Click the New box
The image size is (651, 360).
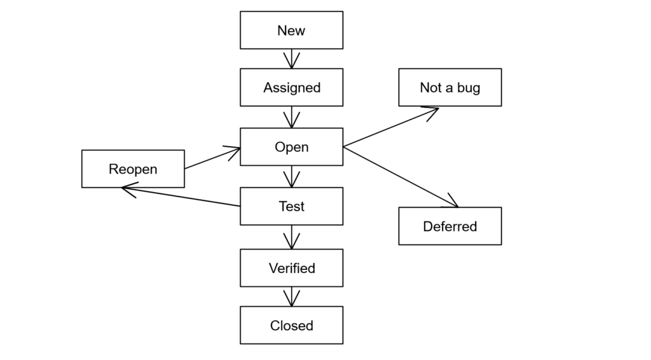291,30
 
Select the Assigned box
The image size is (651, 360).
291,87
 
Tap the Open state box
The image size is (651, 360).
291,147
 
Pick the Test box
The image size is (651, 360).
291,206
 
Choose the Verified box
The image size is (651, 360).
291,268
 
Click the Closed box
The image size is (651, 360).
291,325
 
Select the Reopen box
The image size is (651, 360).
133,169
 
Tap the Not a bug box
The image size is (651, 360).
449,87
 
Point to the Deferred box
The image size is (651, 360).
449,226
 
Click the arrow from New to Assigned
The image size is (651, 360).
291,59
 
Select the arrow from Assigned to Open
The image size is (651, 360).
291,117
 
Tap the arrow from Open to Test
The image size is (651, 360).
291,176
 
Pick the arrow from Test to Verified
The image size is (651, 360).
291,237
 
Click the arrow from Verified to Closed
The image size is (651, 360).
291,296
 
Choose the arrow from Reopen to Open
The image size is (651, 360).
212,158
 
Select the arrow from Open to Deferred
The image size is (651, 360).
401,177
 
